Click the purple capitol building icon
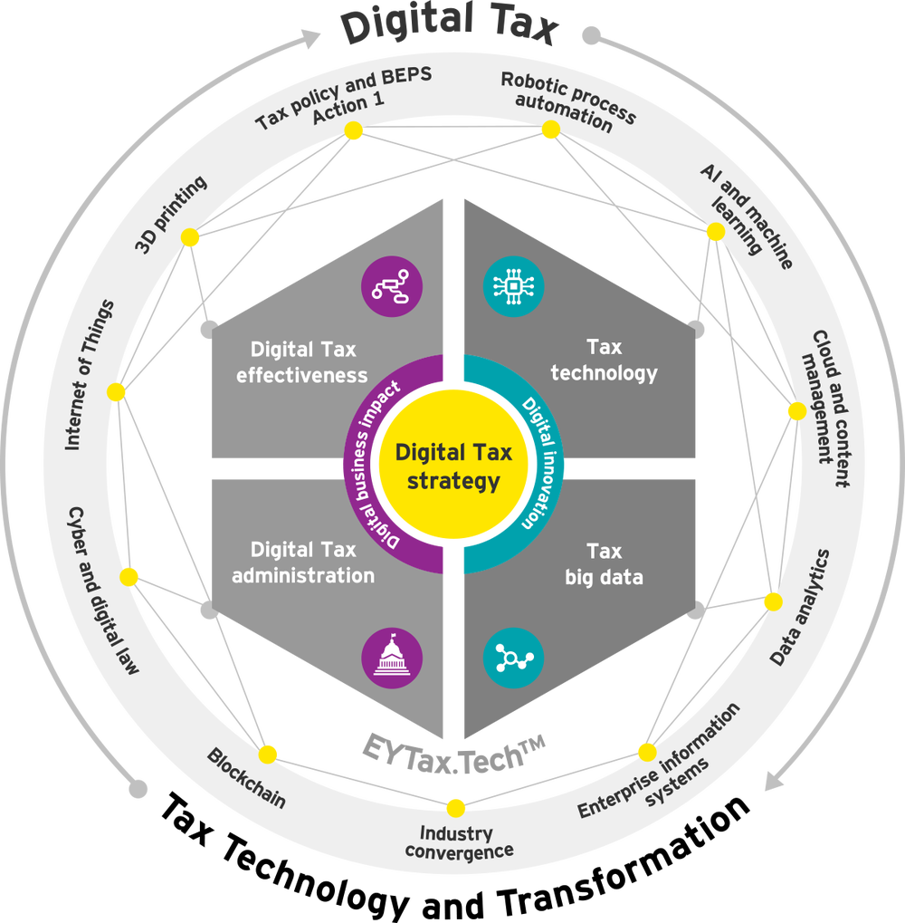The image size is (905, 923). click(x=392, y=655)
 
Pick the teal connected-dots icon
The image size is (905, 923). click(x=513, y=655)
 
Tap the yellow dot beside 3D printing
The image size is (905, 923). click(x=190, y=237)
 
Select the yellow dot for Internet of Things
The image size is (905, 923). click(x=116, y=392)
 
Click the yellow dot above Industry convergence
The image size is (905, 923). click(x=455, y=807)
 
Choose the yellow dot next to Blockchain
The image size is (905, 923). click(x=267, y=755)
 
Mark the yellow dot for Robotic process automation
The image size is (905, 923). click(x=550, y=130)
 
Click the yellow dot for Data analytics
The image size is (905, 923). click(x=773, y=601)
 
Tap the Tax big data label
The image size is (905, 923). click(x=604, y=563)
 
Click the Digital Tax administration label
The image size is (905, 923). click(x=303, y=562)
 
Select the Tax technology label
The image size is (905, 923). click(x=604, y=360)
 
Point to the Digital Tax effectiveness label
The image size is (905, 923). click(x=303, y=361)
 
